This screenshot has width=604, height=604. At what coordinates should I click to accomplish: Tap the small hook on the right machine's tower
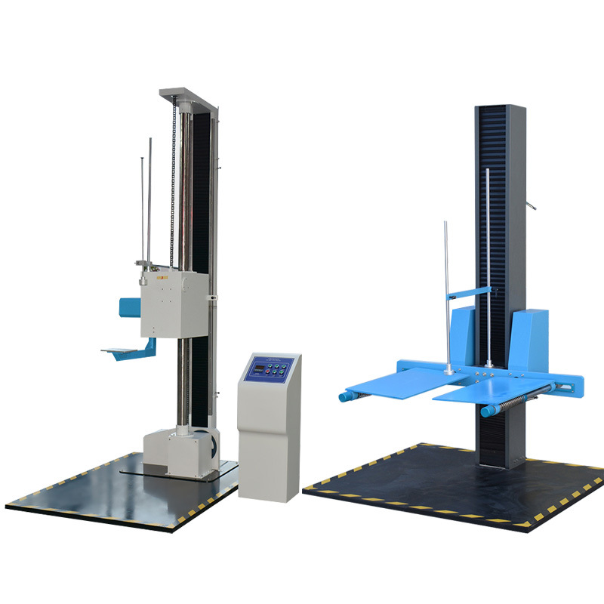(x=532, y=204)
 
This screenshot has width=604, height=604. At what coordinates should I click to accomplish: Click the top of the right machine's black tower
(x=499, y=109)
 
